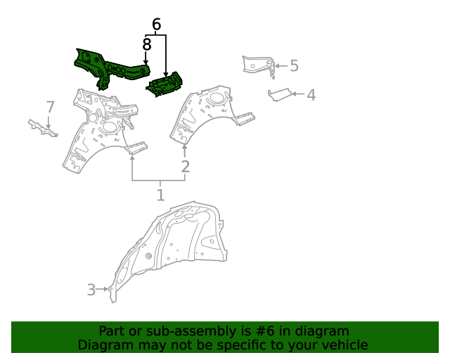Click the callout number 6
click(156, 25)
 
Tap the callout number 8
click(146, 45)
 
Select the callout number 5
click(294, 66)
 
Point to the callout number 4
click(310, 94)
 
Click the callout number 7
click(50, 107)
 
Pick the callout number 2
click(185, 167)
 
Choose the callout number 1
click(160, 195)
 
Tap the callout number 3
click(91, 289)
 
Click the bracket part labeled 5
click(258, 65)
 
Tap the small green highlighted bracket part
click(165, 84)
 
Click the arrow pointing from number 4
click(297, 94)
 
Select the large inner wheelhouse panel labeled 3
click(176, 246)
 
